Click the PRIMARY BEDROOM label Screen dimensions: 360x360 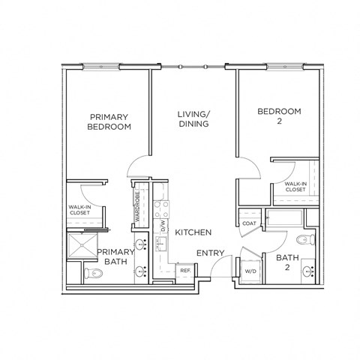point(109,121)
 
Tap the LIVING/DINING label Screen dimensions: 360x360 point(193,118)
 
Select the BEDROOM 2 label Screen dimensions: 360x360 point(279,116)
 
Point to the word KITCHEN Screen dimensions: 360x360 point(193,232)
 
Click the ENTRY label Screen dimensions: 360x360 point(210,253)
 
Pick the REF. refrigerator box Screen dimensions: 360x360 point(184,269)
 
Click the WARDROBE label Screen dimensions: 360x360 point(138,203)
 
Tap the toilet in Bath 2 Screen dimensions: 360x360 point(304,240)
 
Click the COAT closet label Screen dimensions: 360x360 point(249,223)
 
